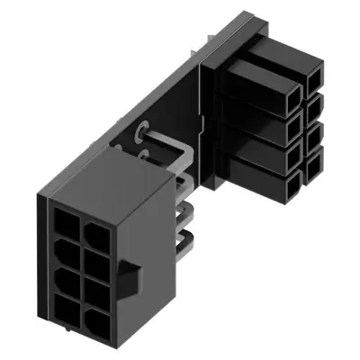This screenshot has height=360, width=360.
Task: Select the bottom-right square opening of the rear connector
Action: point(314,166)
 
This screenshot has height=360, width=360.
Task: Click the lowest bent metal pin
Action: point(187,240)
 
